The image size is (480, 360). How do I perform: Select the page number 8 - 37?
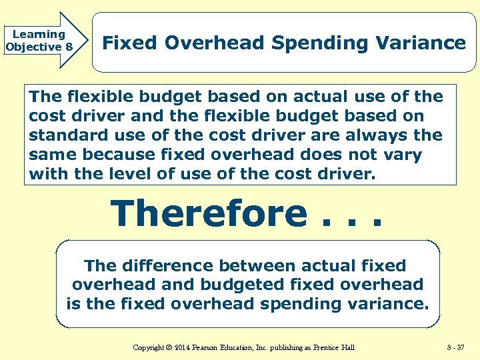[x=455, y=347]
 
